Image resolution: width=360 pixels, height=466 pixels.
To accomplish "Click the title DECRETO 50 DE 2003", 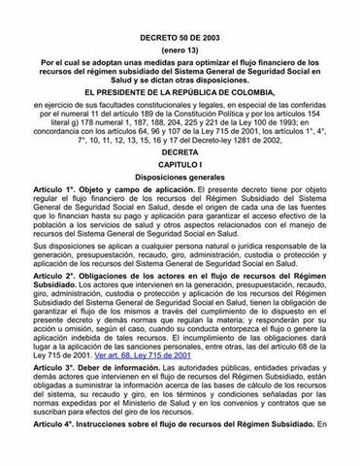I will tap(180, 9).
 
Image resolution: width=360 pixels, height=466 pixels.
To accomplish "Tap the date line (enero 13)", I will tap(180, 23).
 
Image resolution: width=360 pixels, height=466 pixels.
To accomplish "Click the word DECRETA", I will tap(180, 152).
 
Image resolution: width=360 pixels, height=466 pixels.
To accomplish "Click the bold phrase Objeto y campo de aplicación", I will tap(132, 197).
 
